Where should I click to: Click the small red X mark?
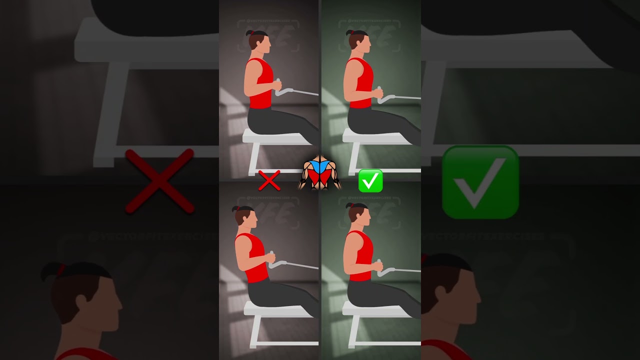coord(269,180)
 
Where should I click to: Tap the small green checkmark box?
coord(370,180)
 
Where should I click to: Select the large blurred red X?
coord(159,181)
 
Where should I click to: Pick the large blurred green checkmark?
coord(480,182)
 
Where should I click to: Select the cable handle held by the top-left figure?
coord(284,91)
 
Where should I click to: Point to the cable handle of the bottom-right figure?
coord(384,270)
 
